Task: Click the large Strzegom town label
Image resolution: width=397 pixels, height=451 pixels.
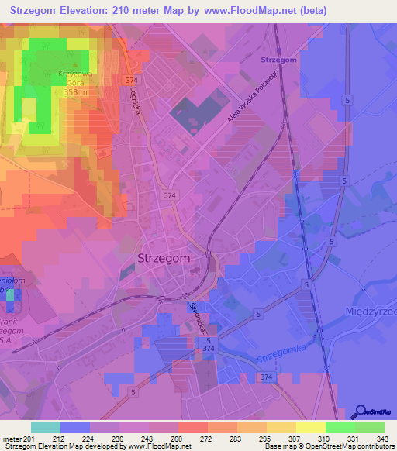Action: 163,259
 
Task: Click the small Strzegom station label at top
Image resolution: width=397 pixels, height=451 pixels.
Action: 279,60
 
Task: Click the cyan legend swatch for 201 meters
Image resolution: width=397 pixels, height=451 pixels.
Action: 46,427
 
